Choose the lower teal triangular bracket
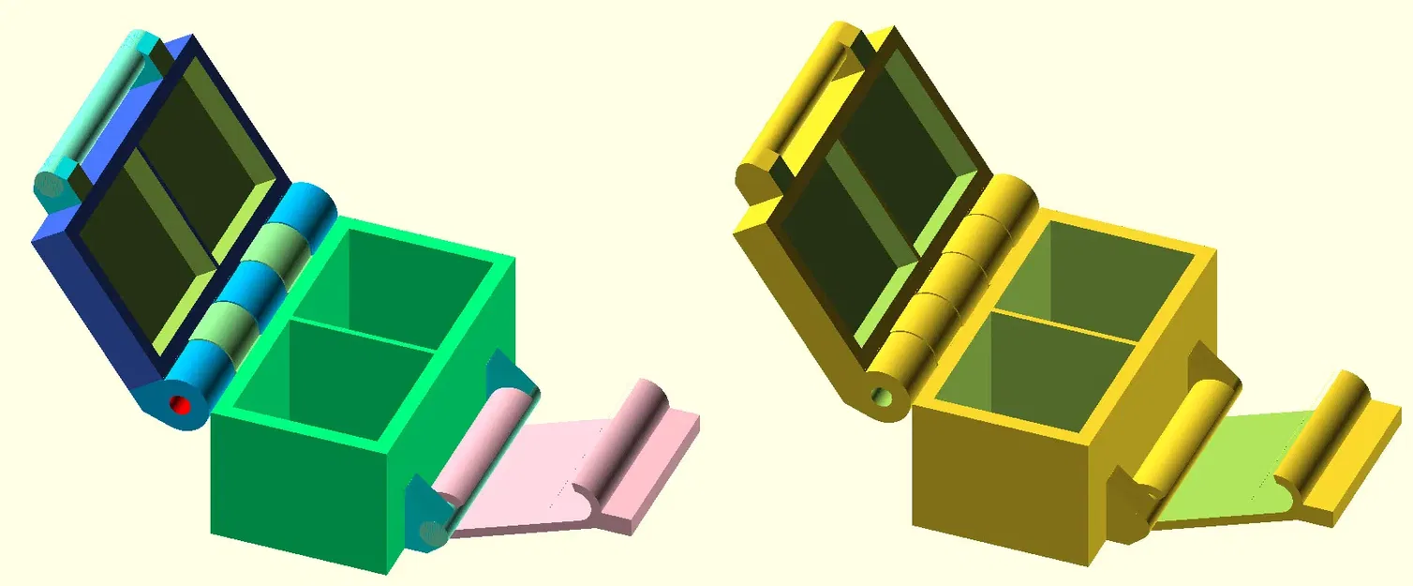coord(426,516)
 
